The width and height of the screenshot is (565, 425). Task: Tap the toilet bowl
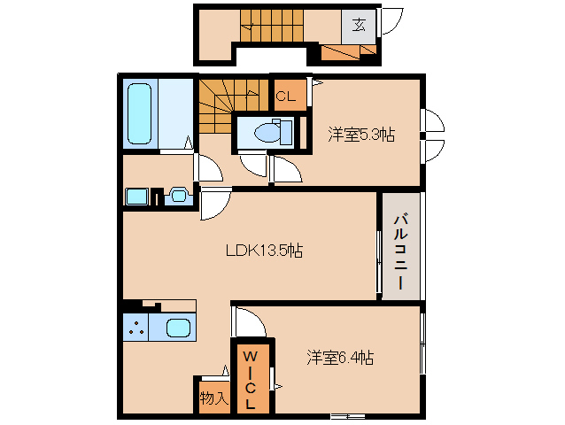(267, 133)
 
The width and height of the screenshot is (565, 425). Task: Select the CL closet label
(285, 96)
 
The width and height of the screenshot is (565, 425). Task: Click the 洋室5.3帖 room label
(360, 135)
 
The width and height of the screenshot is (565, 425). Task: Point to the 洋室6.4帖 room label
(341, 358)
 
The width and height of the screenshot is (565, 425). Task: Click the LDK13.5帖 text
(263, 251)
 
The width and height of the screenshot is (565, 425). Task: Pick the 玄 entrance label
(360, 24)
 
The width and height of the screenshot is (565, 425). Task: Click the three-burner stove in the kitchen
(136, 328)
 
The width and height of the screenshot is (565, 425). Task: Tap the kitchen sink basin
(179, 327)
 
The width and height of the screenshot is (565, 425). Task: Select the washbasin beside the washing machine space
(176, 195)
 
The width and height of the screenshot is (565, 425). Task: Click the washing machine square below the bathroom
(135, 197)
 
